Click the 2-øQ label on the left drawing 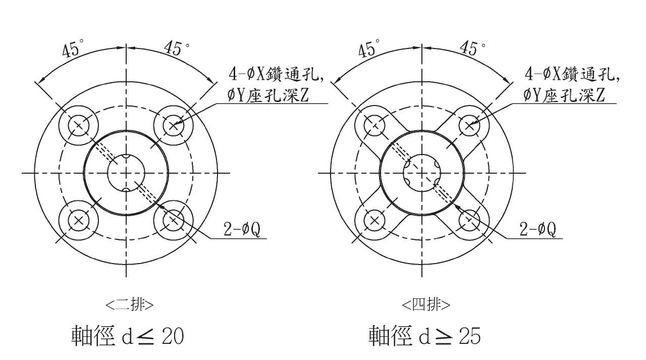tap(243, 230)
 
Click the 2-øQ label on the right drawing tap(539, 230)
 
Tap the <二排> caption tap(130, 304)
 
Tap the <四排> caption tap(426, 304)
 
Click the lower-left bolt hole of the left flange tap(78, 220)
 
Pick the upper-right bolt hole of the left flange tap(173, 125)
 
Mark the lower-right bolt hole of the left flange tap(173, 220)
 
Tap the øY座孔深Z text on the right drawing tap(565, 94)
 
